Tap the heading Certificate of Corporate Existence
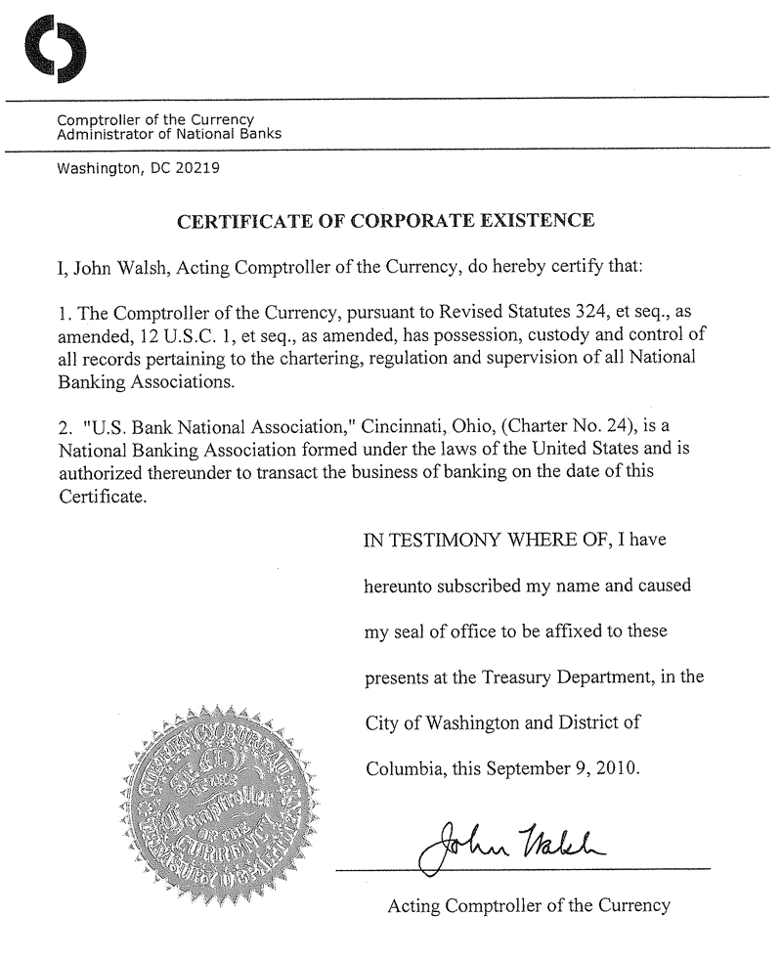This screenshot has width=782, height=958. [385, 220]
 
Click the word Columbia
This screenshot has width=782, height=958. [405, 767]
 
